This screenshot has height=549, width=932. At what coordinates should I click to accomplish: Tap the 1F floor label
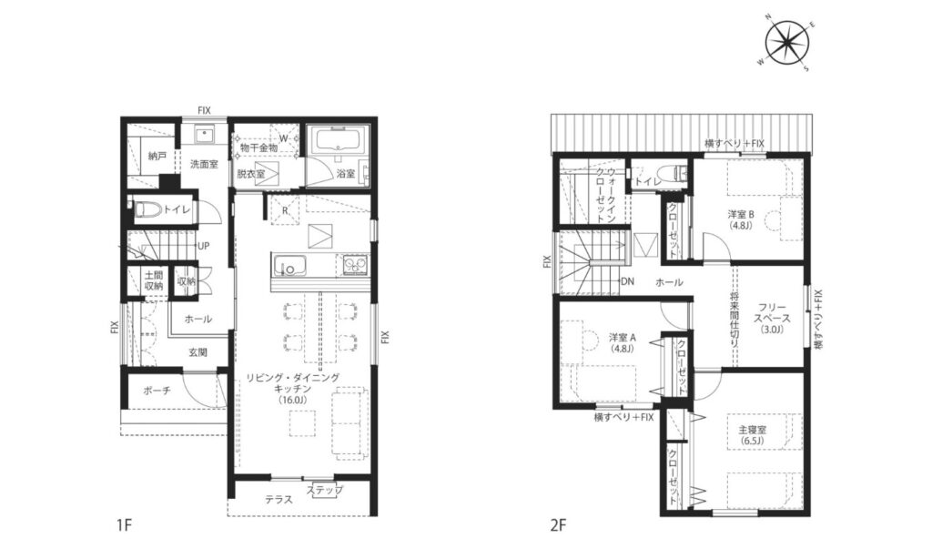(x=124, y=525)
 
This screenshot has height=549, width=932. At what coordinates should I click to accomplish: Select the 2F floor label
(x=558, y=525)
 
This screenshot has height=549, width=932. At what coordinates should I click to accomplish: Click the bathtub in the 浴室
(x=338, y=141)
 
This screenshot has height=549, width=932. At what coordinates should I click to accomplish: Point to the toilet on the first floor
(x=145, y=209)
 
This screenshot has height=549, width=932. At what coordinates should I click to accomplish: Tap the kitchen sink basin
(x=289, y=265)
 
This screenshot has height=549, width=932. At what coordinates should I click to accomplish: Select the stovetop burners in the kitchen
(x=356, y=265)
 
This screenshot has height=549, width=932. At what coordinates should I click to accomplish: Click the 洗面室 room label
(x=204, y=164)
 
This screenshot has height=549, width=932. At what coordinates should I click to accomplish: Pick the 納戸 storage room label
(x=157, y=157)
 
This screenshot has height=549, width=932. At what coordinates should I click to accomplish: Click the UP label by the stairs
(x=203, y=246)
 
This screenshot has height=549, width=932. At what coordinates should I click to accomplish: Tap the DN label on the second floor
(x=628, y=281)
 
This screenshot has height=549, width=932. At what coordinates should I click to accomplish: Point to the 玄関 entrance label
(x=198, y=352)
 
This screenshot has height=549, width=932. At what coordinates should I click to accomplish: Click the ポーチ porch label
(x=157, y=391)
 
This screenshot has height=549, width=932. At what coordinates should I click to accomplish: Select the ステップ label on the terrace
(x=325, y=490)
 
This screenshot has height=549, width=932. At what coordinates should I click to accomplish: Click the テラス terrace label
(x=279, y=500)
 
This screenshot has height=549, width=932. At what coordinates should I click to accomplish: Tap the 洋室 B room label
(x=741, y=214)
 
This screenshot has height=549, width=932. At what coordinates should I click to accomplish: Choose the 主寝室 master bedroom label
(x=753, y=430)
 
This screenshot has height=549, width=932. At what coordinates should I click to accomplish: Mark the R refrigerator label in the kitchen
(x=285, y=210)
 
